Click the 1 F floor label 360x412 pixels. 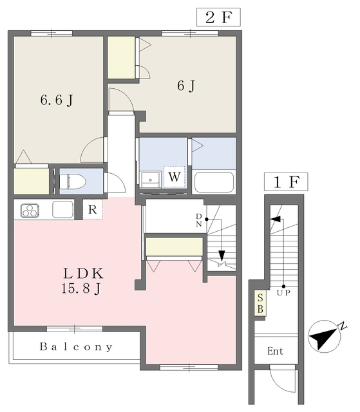(x=285, y=182)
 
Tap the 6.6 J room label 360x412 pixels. (x=56, y=100)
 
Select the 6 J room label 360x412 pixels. (x=186, y=86)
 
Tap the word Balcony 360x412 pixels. (x=76, y=347)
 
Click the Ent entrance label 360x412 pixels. (x=275, y=351)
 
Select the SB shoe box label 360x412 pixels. (x=260, y=303)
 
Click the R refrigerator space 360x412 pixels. (x=93, y=209)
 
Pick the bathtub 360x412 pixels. (x=214, y=182)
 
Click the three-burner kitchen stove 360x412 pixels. (x=30, y=210)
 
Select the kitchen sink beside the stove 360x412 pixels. (x=62, y=209)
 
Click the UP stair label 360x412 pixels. (x=283, y=292)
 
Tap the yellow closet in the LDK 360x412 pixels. (x=174, y=247)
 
